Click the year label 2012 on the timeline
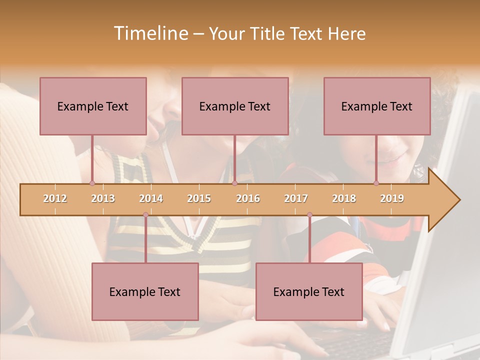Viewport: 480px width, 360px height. (x=55, y=198)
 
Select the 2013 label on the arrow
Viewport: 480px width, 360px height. (x=103, y=198)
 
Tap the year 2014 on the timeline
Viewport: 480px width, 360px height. (x=151, y=198)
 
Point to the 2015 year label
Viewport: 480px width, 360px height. (x=199, y=198)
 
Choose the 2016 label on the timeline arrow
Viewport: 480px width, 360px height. (x=248, y=198)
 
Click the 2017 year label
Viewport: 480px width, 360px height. (x=296, y=198)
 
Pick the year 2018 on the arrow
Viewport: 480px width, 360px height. (x=344, y=198)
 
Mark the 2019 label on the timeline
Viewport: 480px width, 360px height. (x=392, y=198)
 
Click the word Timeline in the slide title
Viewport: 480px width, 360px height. (x=150, y=33)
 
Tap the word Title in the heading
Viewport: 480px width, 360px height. (x=268, y=33)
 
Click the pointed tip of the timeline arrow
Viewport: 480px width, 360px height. (x=458, y=200)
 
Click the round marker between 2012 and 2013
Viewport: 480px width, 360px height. (x=92, y=183)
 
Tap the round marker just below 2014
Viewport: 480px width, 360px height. (x=145, y=215)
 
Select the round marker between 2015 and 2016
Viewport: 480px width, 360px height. (x=234, y=183)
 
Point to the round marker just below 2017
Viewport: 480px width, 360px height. (x=309, y=215)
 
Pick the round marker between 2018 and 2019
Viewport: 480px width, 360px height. (x=376, y=183)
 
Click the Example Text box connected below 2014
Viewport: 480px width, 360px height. (x=145, y=291)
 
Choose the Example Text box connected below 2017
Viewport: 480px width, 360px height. (x=309, y=291)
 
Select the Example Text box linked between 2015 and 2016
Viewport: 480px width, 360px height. (x=235, y=106)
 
